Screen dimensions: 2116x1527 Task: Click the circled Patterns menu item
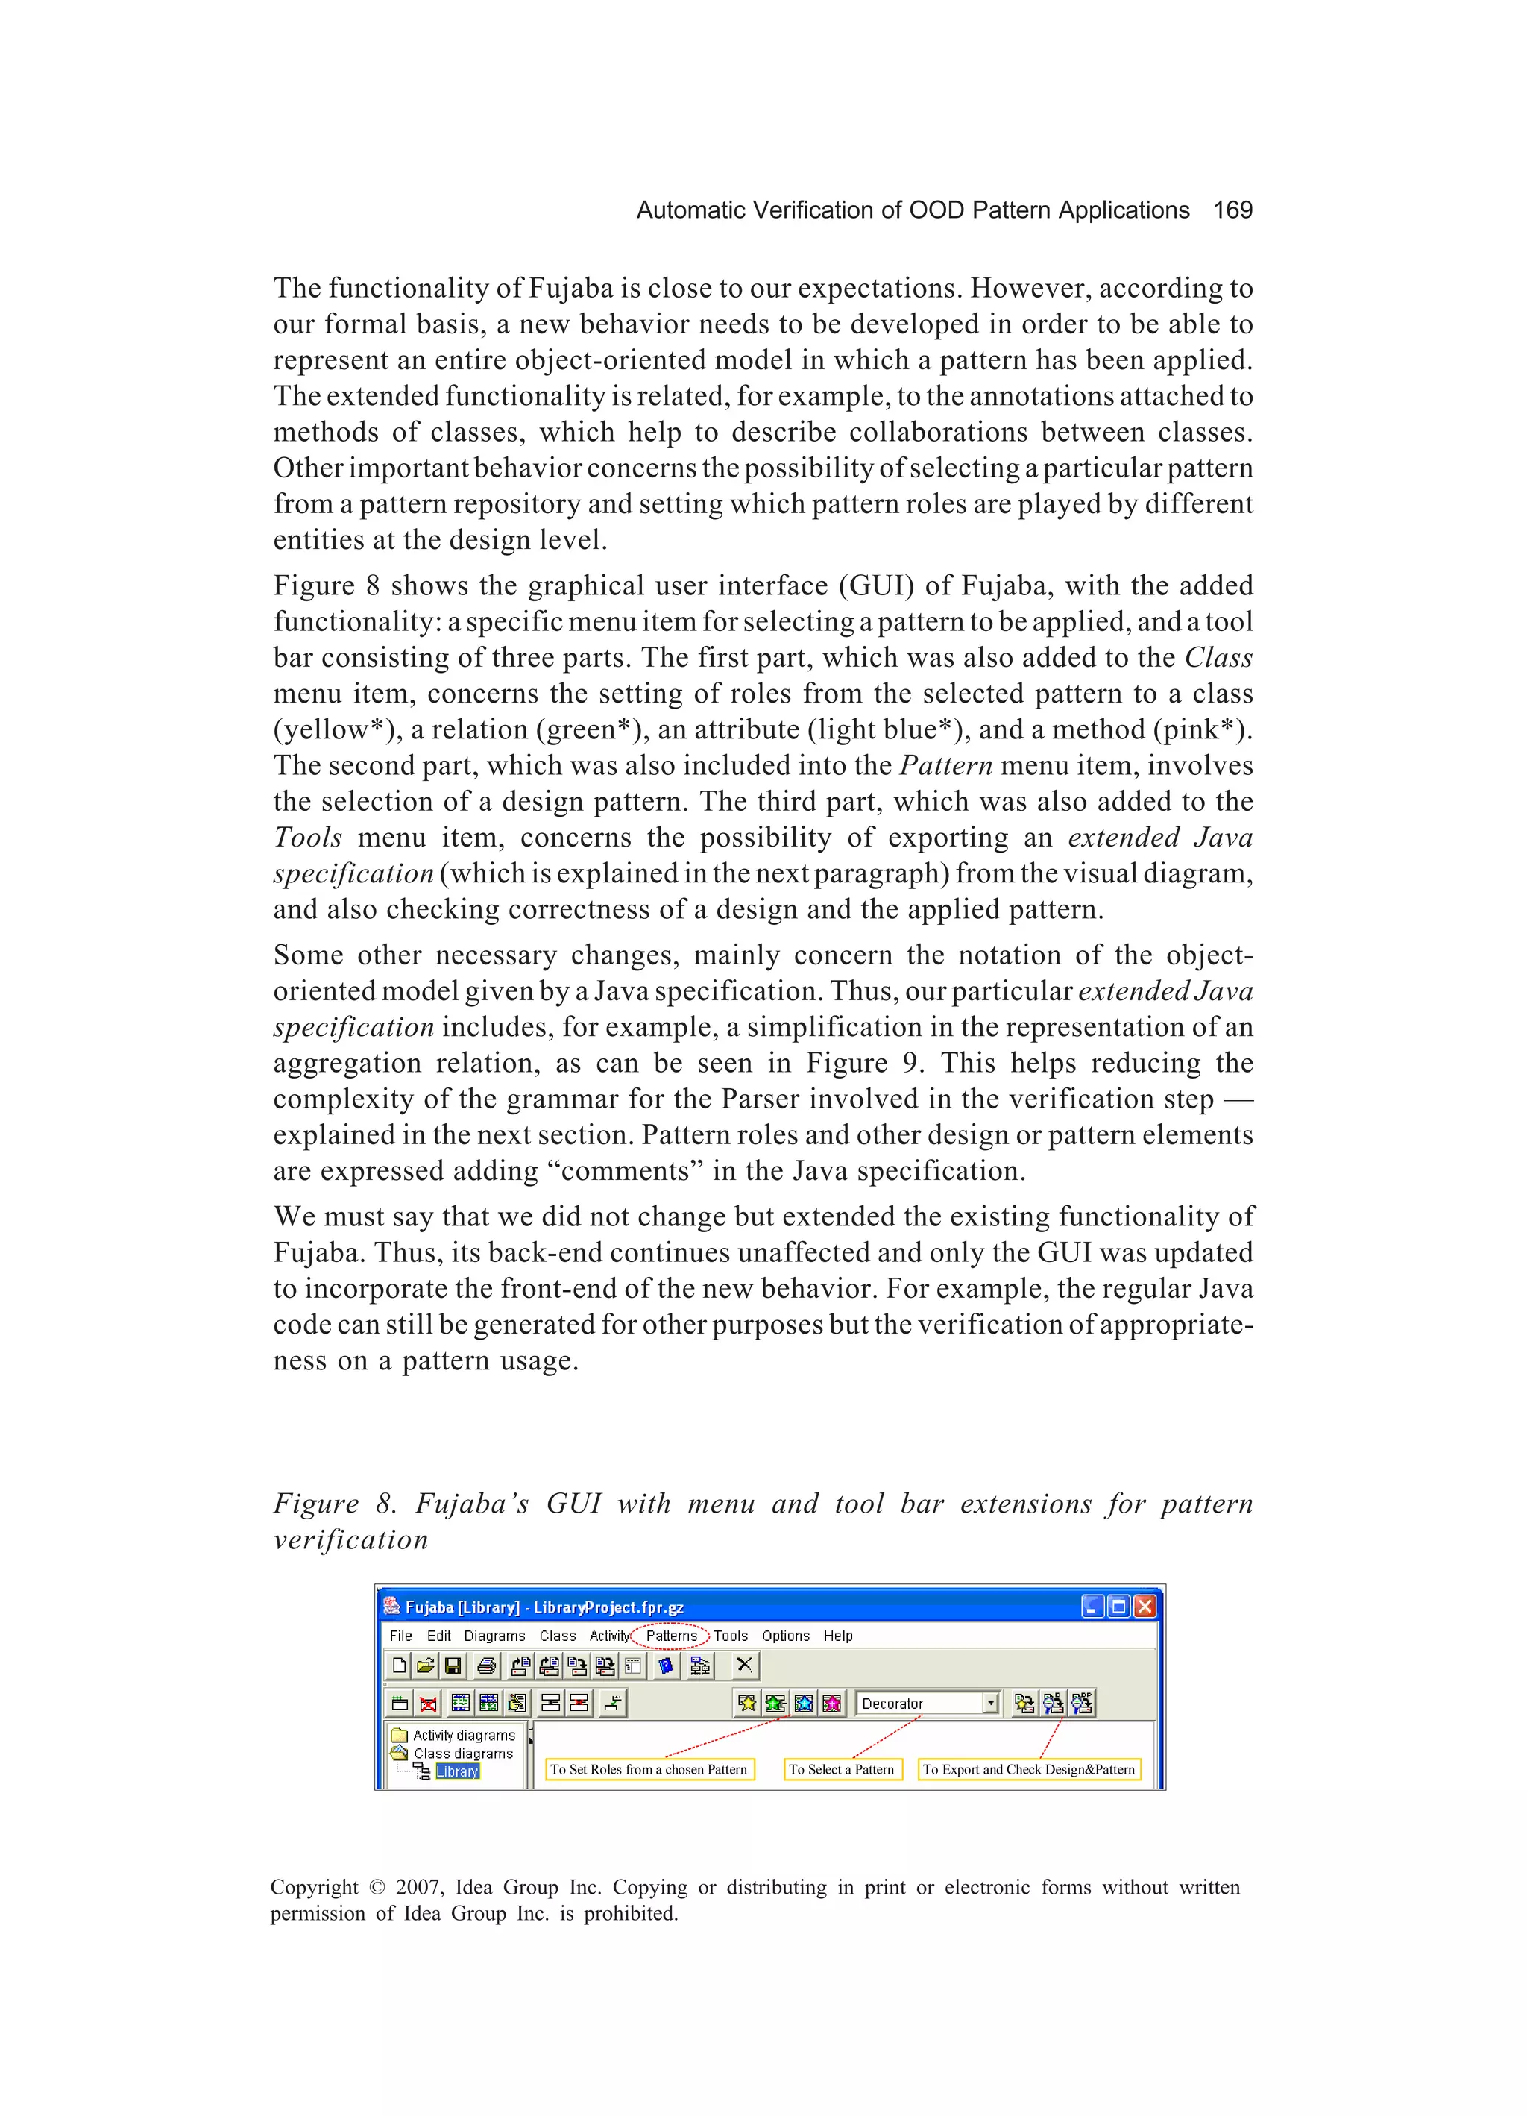point(671,1636)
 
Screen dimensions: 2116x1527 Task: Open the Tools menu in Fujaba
point(731,1636)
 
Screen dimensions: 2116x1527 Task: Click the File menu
point(400,1636)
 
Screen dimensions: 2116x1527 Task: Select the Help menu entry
point(837,1636)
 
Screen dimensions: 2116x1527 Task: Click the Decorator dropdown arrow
point(991,1703)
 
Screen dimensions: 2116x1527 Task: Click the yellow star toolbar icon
point(747,1703)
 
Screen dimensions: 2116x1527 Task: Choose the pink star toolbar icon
point(831,1703)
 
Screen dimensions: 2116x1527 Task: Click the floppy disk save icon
point(453,1666)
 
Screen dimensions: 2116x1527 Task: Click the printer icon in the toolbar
point(486,1666)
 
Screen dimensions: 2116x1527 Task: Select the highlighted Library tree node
point(457,1771)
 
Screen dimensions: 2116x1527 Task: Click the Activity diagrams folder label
point(464,1734)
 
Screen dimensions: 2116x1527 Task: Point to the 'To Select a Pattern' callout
point(841,1769)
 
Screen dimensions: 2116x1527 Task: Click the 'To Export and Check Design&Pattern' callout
point(1029,1769)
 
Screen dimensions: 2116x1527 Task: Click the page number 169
point(1232,210)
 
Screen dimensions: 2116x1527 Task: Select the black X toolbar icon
point(744,1666)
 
